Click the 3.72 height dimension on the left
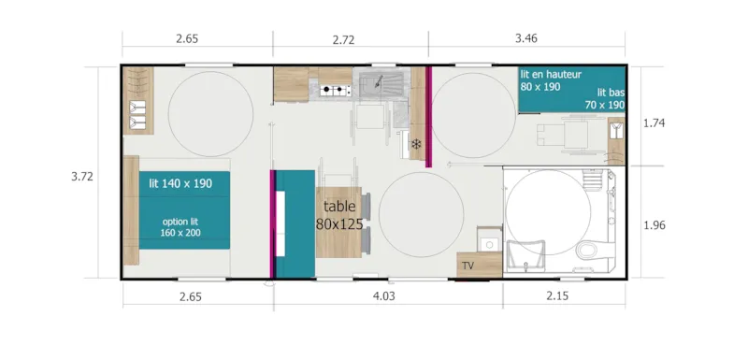click(x=84, y=175)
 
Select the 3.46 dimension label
click(x=530, y=40)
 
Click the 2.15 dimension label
click(x=564, y=297)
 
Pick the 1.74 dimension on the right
click(x=657, y=122)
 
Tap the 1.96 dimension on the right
click(x=657, y=224)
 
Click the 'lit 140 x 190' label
click(x=180, y=184)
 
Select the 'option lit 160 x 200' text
click(x=180, y=227)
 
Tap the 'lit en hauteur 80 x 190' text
click(x=552, y=79)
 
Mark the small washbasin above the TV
click(x=487, y=243)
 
